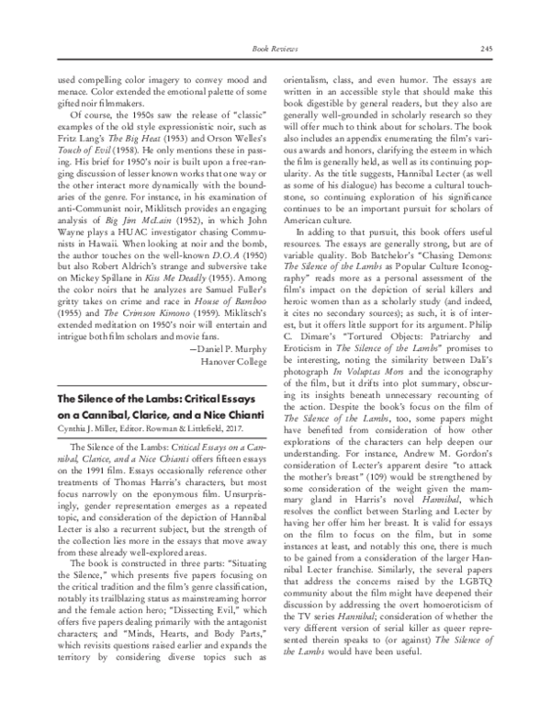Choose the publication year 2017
(x=239, y=428)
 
